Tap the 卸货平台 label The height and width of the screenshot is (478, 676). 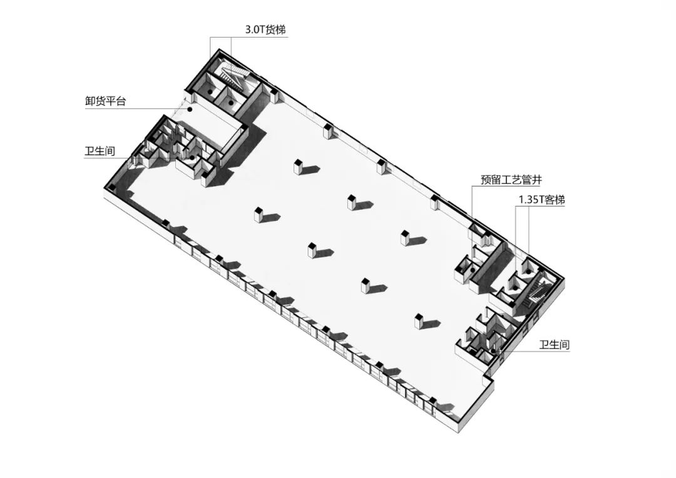click(x=105, y=101)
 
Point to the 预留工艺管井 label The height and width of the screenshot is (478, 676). click(x=506, y=180)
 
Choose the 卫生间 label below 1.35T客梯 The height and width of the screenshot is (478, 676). click(x=555, y=344)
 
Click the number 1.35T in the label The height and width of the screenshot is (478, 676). click(x=530, y=200)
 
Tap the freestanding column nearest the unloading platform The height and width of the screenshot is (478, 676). click(x=298, y=167)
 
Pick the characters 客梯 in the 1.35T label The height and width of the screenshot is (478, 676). click(x=555, y=200)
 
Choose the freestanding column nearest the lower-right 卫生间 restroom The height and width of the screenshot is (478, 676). click(x=418, y=320)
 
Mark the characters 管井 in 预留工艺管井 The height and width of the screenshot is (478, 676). click(x=527, y=180)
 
